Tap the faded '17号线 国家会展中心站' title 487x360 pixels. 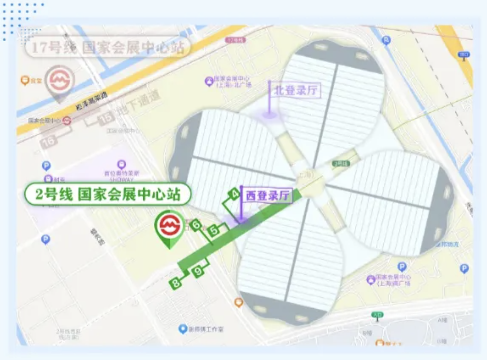tap(108, 48)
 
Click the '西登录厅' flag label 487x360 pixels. tap(268, 196)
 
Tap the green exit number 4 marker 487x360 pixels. tap(234, 193)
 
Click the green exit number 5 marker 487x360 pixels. tap(214, 231)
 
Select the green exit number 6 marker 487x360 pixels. tap(197, 225)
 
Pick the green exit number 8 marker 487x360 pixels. tap(175, 283)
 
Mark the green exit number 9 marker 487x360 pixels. tap(199, 272)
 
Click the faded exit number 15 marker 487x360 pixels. tap(106, 119)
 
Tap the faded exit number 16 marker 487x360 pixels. tap(49, 142)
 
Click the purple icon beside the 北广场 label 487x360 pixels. tap(209, 81)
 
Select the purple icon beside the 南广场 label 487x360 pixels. tap(370, 279)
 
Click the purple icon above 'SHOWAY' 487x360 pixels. tap(120, 164)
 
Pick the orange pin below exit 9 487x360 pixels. tap(238, 302)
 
